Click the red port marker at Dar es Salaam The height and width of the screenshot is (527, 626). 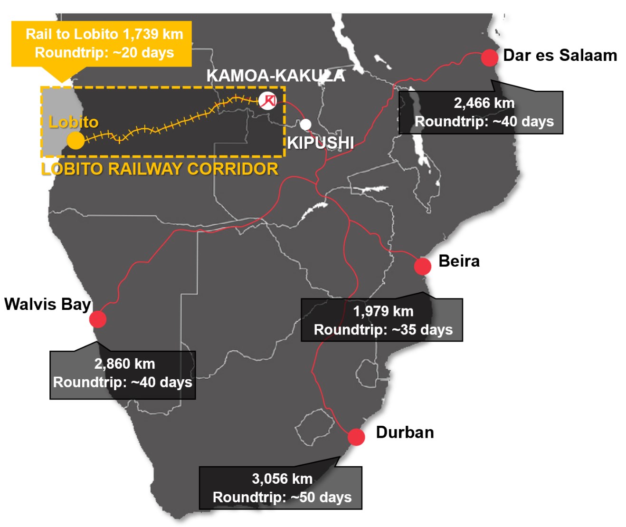(x=489, y=57)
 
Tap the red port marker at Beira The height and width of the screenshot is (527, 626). (x=422, y=266)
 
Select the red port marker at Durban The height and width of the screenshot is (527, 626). (x=356, y=437)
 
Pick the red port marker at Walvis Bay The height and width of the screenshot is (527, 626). (x=98, y=319)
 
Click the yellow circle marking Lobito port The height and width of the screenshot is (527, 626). (x=76, y=141)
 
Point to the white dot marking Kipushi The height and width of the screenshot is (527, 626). (x=305, y=125)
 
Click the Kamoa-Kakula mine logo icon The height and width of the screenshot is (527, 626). (x=268, y=100)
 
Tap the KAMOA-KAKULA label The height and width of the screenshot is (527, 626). (x=275, y=76)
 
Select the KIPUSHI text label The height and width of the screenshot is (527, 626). (x=321, y=143)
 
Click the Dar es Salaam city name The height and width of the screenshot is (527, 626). (x=560, y=56)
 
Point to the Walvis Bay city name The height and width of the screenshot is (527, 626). (x=47, y=304)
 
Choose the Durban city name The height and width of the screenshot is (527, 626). (x=405, y=432)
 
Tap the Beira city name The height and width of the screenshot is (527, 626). (x=459, y=261)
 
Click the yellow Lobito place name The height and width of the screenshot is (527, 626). (x=74, y=122)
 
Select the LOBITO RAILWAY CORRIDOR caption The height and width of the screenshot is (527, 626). (x=160, y=169)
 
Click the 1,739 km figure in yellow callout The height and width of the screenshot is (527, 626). (x=152, y=34)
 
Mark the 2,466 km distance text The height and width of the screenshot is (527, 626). (x=484, y=103)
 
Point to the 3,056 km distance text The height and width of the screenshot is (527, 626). (x=282, y=479)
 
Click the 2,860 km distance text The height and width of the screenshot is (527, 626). (x=124, y=364)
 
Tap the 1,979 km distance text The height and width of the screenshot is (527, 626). (x=383, y=311)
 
